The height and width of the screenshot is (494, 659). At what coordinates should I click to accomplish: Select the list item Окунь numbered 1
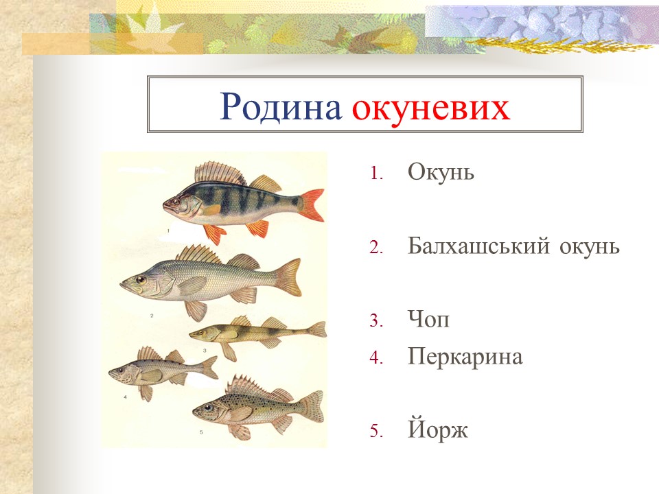441,172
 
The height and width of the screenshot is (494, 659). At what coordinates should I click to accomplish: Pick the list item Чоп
428,320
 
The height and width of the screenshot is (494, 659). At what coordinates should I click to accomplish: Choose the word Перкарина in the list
465,357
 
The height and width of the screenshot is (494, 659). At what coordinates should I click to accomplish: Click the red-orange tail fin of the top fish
312,205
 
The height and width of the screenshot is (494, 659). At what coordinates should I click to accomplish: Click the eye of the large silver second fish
141,279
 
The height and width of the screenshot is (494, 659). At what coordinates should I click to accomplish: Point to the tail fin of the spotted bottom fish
312,406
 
